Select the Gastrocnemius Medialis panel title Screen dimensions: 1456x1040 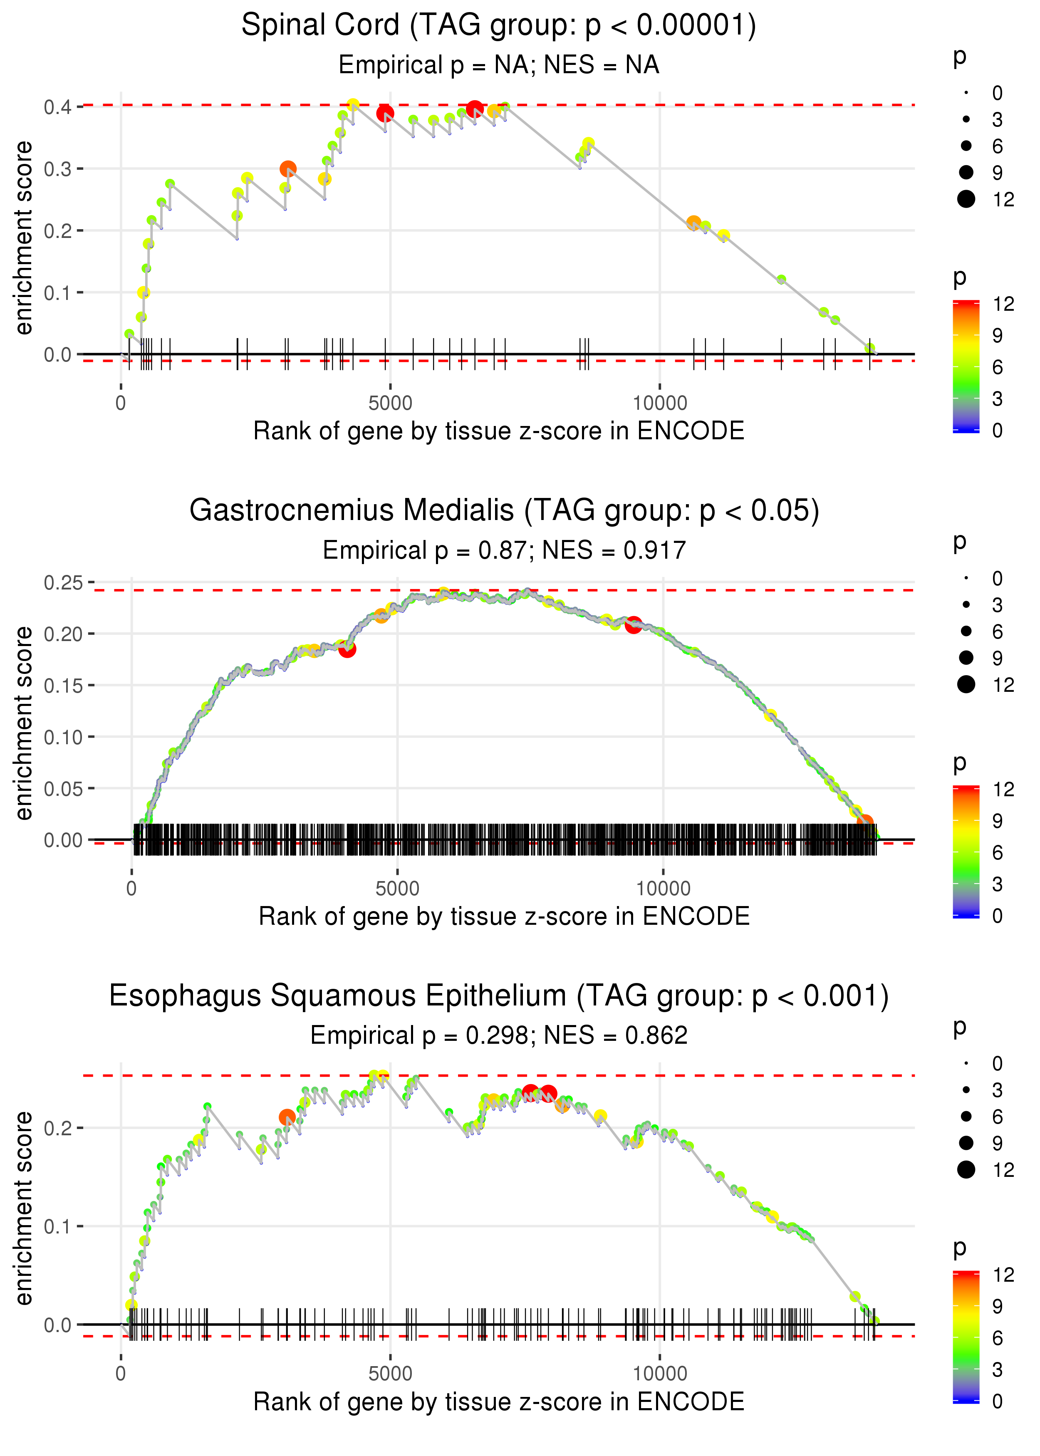tap(504, 511)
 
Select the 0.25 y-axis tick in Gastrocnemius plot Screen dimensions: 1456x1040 tap(63, 583)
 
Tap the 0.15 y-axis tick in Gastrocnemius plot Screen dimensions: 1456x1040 tap(63, 686)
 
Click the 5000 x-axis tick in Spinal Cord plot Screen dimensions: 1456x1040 tap(390, 404)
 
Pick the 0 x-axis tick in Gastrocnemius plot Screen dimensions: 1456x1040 tap(132, 889)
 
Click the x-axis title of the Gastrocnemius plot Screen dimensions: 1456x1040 tap(504, 916)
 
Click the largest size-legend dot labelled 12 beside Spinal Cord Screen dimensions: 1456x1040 tap(966, 199)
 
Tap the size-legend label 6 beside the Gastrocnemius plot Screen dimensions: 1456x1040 tap(997, 632)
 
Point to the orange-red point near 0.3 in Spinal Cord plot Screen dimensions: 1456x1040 tap(288, 169)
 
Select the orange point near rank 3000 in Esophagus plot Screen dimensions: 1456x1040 tap(287, 1118)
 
